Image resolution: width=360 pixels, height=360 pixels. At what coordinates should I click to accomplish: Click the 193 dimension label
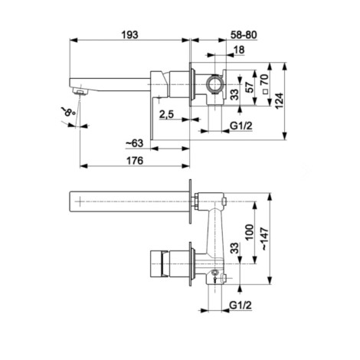coord(129,35)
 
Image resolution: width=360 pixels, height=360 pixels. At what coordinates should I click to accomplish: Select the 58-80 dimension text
coord(244,35)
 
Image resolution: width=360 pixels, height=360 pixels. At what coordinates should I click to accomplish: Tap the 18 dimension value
coord(239,50)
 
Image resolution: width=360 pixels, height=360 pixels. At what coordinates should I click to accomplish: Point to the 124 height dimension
coord(280,100)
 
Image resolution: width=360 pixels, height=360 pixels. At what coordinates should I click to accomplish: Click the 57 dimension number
coord(250,87)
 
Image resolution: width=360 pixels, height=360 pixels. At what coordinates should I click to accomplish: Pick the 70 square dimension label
coord(265,80)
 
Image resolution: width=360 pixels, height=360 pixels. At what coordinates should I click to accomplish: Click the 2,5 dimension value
coord(166,114)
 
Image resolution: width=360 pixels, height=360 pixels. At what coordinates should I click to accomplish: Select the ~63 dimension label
coord(134,143)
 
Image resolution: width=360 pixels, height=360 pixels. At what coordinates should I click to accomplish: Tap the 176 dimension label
coord(135,161)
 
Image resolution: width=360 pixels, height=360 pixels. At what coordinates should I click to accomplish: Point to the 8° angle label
coord(68,111)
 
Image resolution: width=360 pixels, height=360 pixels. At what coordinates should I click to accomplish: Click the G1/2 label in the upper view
coord(241,126)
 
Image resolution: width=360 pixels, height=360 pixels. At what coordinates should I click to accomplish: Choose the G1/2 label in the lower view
coord(241,305)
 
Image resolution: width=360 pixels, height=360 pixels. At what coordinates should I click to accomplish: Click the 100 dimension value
coord(250,232)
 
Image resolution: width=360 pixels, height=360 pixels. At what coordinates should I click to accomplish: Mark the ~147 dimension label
coord(265,239)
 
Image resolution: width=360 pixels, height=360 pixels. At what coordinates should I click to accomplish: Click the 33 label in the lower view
coord(235,247)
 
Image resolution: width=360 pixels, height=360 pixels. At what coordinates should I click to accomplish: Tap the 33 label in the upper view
coord(235,94)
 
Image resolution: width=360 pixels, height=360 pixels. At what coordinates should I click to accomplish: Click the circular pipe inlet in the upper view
coord(214,84)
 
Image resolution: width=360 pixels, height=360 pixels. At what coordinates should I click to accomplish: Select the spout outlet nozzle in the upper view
coord(80,91)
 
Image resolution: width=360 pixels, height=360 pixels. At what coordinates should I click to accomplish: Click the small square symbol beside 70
coord(265,92)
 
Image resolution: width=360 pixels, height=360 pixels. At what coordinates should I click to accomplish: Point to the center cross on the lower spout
coord(80,201)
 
